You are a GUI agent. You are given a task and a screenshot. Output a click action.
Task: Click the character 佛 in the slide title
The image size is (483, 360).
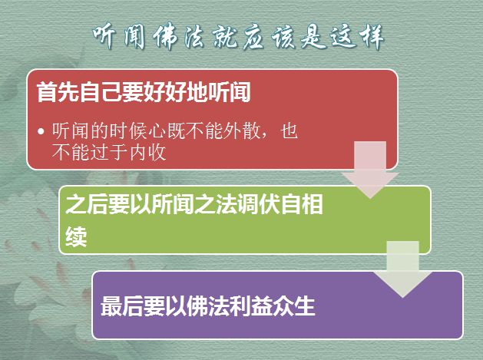166,37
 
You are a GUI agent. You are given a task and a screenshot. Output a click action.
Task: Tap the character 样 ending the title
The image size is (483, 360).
372,37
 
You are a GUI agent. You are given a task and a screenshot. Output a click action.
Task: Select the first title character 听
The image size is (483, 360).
105,36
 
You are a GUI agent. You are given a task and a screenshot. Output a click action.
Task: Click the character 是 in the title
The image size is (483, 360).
313,37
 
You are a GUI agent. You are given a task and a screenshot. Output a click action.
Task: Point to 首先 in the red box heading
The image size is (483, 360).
58,92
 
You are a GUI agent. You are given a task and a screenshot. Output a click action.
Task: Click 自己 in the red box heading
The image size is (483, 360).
100,92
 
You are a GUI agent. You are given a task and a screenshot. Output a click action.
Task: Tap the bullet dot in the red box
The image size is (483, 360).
41,131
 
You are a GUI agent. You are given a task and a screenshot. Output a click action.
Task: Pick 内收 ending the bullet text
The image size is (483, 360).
148,153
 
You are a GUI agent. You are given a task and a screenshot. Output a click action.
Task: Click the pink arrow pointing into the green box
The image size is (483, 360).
370,170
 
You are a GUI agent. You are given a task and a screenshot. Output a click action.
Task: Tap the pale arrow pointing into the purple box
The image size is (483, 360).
402,269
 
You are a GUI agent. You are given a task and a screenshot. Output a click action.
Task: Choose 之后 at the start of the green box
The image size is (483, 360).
87,204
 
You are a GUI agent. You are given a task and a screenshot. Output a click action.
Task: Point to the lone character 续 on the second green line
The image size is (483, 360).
76,237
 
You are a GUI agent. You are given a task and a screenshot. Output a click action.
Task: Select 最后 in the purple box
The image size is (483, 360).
122,306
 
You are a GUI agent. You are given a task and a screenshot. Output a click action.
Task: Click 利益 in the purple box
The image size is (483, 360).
251,306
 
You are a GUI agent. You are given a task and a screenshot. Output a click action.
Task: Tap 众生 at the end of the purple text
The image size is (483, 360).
294,306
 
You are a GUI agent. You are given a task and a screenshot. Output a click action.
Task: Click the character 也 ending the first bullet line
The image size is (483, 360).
289,131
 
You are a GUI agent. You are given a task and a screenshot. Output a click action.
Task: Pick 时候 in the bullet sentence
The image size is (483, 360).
128,131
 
